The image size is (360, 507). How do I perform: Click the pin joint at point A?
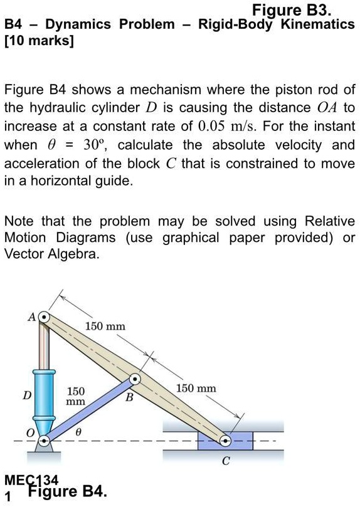click(44, 318)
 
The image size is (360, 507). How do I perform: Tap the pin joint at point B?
click(135, 380)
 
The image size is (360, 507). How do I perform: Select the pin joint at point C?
click(226, 441)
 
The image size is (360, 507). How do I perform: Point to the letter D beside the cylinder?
click(26, 395)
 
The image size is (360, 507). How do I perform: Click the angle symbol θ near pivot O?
click(78, 432)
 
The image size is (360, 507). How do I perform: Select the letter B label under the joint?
click(129, 397)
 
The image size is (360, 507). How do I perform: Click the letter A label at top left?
click(30, 316)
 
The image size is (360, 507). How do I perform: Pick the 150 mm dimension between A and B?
click(105, 327)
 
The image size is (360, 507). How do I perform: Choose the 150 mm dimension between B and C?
click(196, 389)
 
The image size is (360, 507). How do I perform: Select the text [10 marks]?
click(39, 42)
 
